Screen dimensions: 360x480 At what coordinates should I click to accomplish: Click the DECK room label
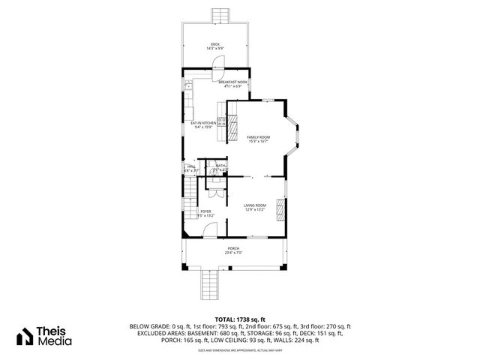click(x=215, y=43)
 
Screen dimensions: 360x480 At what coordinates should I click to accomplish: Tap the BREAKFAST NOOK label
click(x=233, y=82)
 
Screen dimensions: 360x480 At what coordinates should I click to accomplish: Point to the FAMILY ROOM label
click(x=259, y=137)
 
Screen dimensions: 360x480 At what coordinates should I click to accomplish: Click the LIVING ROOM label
click(x=255, y=205)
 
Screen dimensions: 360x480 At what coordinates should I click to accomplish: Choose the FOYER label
click(x=205, y=211)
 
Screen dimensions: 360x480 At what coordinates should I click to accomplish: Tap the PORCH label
click(x=234, y=248)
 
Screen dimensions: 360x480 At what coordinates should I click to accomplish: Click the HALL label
click(x=190, y=166)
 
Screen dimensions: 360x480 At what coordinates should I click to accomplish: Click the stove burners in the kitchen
click(x=222, y=121)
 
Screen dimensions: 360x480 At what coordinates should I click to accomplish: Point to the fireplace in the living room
click(x=281, y=210)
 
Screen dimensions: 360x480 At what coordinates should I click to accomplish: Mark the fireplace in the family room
click(x=232, y=123)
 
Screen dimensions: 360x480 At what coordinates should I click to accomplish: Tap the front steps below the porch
click(x=210, y=286)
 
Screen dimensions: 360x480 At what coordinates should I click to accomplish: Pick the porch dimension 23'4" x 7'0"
click(x=234, y=253)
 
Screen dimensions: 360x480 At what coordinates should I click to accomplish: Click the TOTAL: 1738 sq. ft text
click(x=239, y=319)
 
